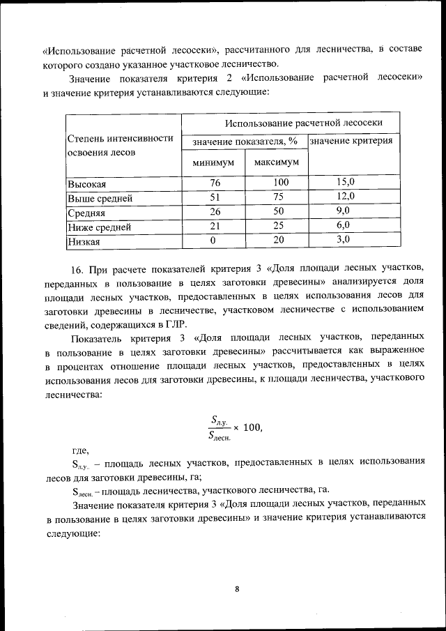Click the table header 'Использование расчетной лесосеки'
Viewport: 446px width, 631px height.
coord(303,122)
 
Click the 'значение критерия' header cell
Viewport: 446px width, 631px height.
coord(351,141)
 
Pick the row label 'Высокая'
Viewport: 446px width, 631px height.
coord(86,184)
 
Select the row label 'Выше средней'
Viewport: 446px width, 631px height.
coord(100,199)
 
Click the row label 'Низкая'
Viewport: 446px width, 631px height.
coord(84,242)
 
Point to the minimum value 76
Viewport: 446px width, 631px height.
coord(214,183)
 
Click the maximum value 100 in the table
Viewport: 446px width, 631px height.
coord(279,183)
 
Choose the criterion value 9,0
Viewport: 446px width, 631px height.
coord(343,210)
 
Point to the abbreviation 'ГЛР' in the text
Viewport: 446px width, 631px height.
coord(174,325)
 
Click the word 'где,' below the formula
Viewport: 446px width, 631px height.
coord(81,450)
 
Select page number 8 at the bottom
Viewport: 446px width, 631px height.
coord(237,589)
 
